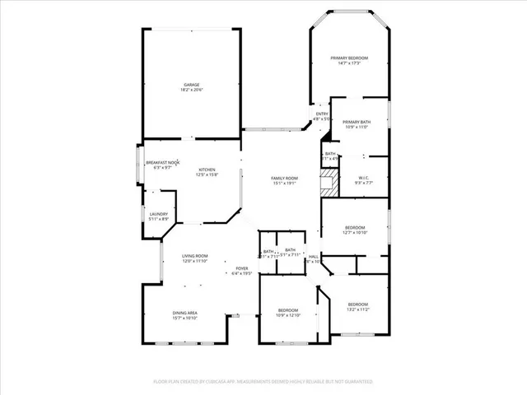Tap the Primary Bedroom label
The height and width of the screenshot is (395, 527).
(x=349, y=58)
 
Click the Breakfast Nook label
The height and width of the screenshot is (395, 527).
(x=162, y=163)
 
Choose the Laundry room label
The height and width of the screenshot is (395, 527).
(x=159, y=214)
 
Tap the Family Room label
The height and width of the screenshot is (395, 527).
(x=285, y=179)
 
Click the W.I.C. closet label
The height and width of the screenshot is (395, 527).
(x=364, y=178)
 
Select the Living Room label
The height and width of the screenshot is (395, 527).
(x=195, y=257)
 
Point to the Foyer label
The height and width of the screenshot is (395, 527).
(x=242, y=268)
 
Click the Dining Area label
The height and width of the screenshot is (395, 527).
(x=184, y=313)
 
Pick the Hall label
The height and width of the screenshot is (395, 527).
(x=314, y=257)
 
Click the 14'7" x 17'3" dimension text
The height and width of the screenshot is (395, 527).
(x=349, y=63)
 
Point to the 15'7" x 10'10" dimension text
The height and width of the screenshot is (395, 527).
(x=184, y=318)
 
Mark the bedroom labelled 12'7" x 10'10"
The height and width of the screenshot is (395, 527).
(x=355, y=230)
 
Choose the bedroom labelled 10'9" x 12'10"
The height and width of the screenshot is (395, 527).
(x=288, y=313)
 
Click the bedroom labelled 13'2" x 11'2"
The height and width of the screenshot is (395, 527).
(x=358, y=307)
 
